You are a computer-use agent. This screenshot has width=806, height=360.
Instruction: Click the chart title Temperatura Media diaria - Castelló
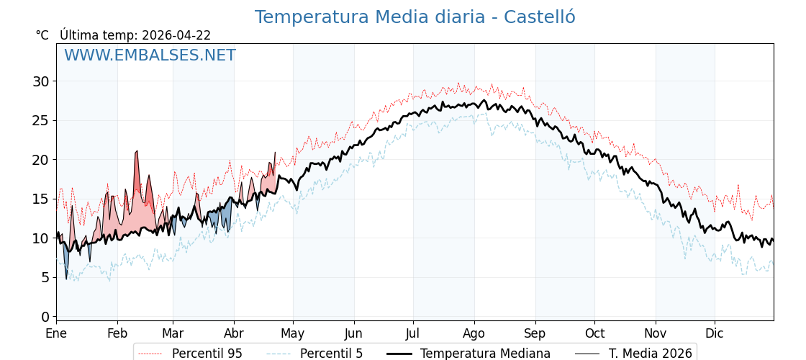pyautogui.click(x=415, y=17)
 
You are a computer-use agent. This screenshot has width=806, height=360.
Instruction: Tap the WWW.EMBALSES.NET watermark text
pyautogui.click(x=150, y=55)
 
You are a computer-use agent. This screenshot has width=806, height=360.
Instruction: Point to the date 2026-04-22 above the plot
pyautogui.click(x=176, y=35)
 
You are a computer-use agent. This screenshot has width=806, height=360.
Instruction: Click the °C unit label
pyautogui.click(x=42, y=35)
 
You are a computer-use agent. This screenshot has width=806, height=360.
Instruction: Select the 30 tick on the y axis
pyautogui.click(x=41, y=81)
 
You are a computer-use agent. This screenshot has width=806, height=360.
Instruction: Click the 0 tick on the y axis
pyautogui.click(x=45, y=317)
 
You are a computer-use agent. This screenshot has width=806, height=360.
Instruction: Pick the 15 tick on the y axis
pyautogui.click(x=41, y=199)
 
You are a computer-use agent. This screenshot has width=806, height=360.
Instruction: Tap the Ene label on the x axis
pyautogui.click(x=56, y=333)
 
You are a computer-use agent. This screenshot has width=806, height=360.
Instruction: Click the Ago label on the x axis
pyautogui.click(x=474, y=333)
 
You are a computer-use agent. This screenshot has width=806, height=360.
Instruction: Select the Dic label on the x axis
pyautogui.click(x=715, y=333)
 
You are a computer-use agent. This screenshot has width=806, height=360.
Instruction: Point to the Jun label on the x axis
pyautogui.click(x=353, y=333)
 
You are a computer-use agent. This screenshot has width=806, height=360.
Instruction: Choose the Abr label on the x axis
pyautogui.click(x=234, y=333)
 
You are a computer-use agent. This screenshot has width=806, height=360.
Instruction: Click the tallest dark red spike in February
pyautogui.click(x=137, y=151)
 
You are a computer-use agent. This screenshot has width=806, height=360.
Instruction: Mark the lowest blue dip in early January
pyautogui.click(x=66, y=279)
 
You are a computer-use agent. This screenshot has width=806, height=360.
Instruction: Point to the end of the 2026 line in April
pyautogui.click(x=275, y=153)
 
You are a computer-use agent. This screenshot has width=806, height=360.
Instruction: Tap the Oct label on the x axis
pyautogui.click(x=594, y=333)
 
